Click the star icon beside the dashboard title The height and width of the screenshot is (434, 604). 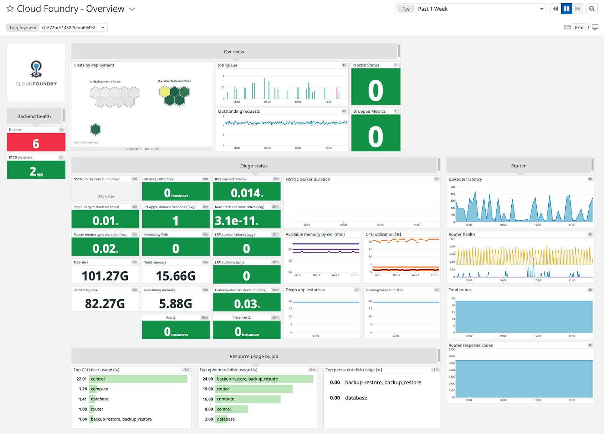click(x=10, y=9)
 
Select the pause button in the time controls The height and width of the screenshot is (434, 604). click(x=567, y=9)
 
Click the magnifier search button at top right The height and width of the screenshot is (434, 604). click(x=592, y=9)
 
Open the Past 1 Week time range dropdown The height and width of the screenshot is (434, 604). click(x=541, y=9)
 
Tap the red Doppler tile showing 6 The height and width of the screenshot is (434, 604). click(x=36, y=143)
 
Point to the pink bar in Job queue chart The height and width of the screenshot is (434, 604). click(x=337, y=93)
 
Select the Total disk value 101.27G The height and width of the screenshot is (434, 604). click(x=105, y=276)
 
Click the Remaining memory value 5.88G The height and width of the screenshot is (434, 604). click(x=175, y=303)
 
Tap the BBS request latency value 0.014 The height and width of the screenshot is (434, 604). click(x=246, y=193)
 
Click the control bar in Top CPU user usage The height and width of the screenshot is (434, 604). click(x=138, y=379)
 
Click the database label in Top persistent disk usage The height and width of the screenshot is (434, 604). click(x=356, y=398)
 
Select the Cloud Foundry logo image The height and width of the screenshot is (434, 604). click(x=36, y=73)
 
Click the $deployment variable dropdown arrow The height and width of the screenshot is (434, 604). click(x=103, y=28)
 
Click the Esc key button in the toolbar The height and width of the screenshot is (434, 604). click(x=579, y=27)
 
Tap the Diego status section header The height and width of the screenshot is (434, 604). click(x=254, y=166)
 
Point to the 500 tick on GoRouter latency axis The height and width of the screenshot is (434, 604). click(x=452, y=187)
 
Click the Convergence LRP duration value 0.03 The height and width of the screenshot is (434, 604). click(x=246, y=303)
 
